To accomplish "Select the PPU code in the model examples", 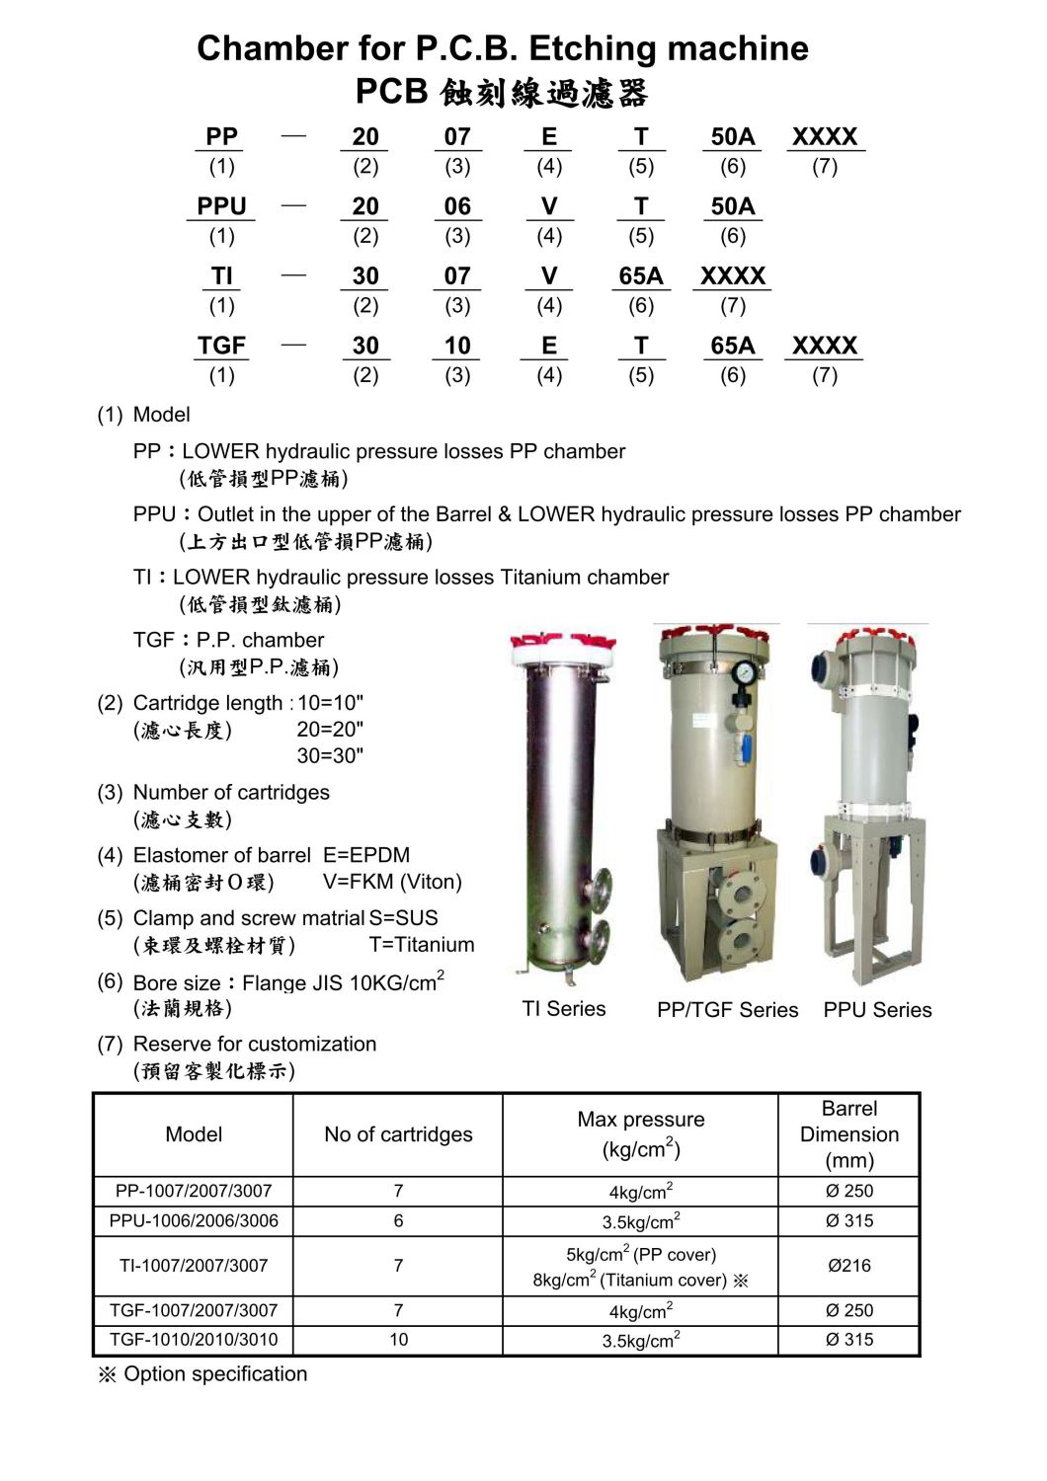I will (221, 206).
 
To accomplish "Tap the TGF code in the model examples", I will (221, 346).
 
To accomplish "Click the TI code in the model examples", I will (221, 276).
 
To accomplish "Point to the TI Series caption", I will (563, 1008).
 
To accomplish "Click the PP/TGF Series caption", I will (727, 1009).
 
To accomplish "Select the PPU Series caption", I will (877, 1009).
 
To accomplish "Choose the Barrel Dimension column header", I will (848, 1134).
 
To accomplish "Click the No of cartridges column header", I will (398, 1134).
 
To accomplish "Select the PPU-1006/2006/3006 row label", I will (194, 1220).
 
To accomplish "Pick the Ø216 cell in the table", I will (848, 1265).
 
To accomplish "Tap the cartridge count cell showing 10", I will (398, 1339).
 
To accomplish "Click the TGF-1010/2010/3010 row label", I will (194, 1339).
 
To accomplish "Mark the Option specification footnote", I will (203, 1373).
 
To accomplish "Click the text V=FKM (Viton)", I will (392, 882).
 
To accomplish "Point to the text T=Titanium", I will (422, 944).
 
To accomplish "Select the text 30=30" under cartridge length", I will (330, 755).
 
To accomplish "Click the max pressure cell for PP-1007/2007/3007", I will (640, 1191).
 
